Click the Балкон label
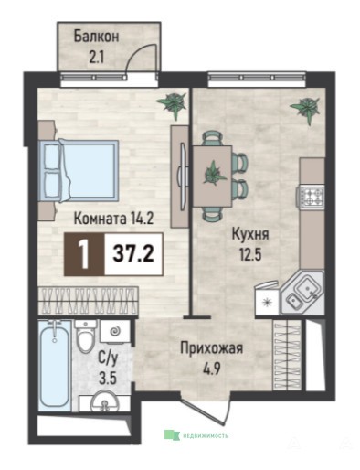pyautogui.click(x=96, y=37)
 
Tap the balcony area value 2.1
pyautogui.click(x=96, y=57)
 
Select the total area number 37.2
pyautogui.click(x=133, y=254)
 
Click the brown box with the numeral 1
pyautogui.click(x=84, y=254)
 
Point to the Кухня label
pyautogui.click(x=250, y=235)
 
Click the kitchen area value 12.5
pyautogui.click(x=251, y=254)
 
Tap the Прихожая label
pyautogui.click(x=212, y=348)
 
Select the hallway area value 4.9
pyautogui.click(x=212, y=368)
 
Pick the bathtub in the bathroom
pyautogui.click(x=55, y=365)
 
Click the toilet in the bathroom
pyautogui.click(x=86, y=336)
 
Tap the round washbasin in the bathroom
pyautogui.click(x=105, y=403)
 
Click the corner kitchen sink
pyautogui.click(x=302, y=294)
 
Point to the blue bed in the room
pyautogui.click(x=79, y=171)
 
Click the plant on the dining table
pyautogui.click(x=214, y=175)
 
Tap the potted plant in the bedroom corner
pyautogui.click(x=172, y=104)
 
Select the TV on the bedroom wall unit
pyautogui.click(x=184, y=176)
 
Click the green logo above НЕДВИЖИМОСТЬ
pyautogui.click(x=172, y=434)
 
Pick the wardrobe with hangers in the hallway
pyautogui.click(x=288, y=355)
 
